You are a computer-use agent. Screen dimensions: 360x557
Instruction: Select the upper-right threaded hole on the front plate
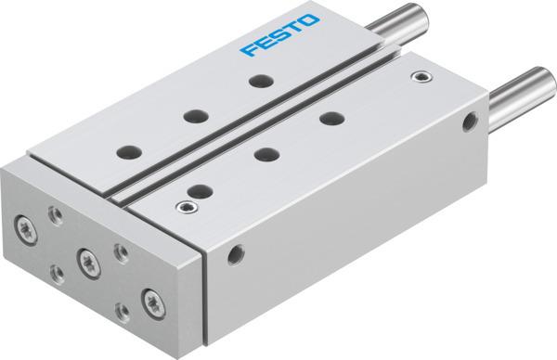coord(118,251)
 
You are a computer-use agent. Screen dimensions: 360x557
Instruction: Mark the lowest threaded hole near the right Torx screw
coord(119,310)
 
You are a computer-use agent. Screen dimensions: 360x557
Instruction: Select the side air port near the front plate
coord(239,250)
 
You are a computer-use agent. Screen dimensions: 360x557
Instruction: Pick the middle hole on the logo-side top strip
coord(194,115)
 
